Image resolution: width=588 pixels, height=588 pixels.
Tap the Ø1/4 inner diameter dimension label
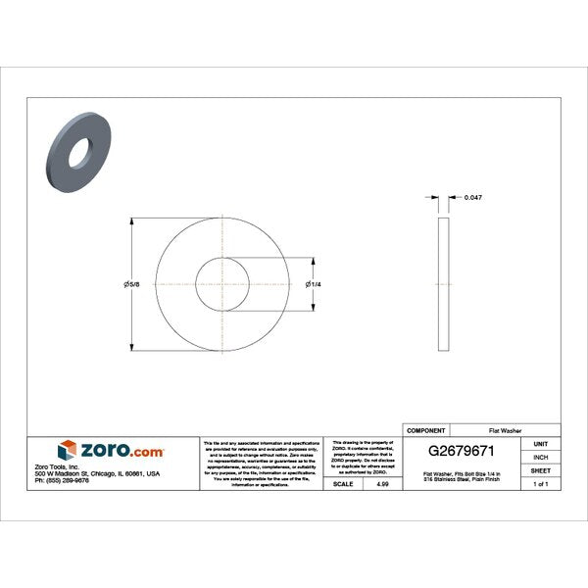pos(313,284)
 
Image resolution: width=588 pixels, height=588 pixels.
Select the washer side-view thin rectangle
pos(443,284)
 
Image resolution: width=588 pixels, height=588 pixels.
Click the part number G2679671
pos(466,452)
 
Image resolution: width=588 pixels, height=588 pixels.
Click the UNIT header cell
pos(540,444)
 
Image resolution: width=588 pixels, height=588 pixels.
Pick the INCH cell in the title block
pos(540,457)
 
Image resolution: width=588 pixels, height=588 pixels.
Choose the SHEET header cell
pos(540,470)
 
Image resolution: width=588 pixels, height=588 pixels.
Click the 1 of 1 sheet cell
pos(540,484)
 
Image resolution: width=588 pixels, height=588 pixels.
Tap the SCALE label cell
pos(344,484)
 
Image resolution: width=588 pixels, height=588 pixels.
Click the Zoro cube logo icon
pos(67,450)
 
